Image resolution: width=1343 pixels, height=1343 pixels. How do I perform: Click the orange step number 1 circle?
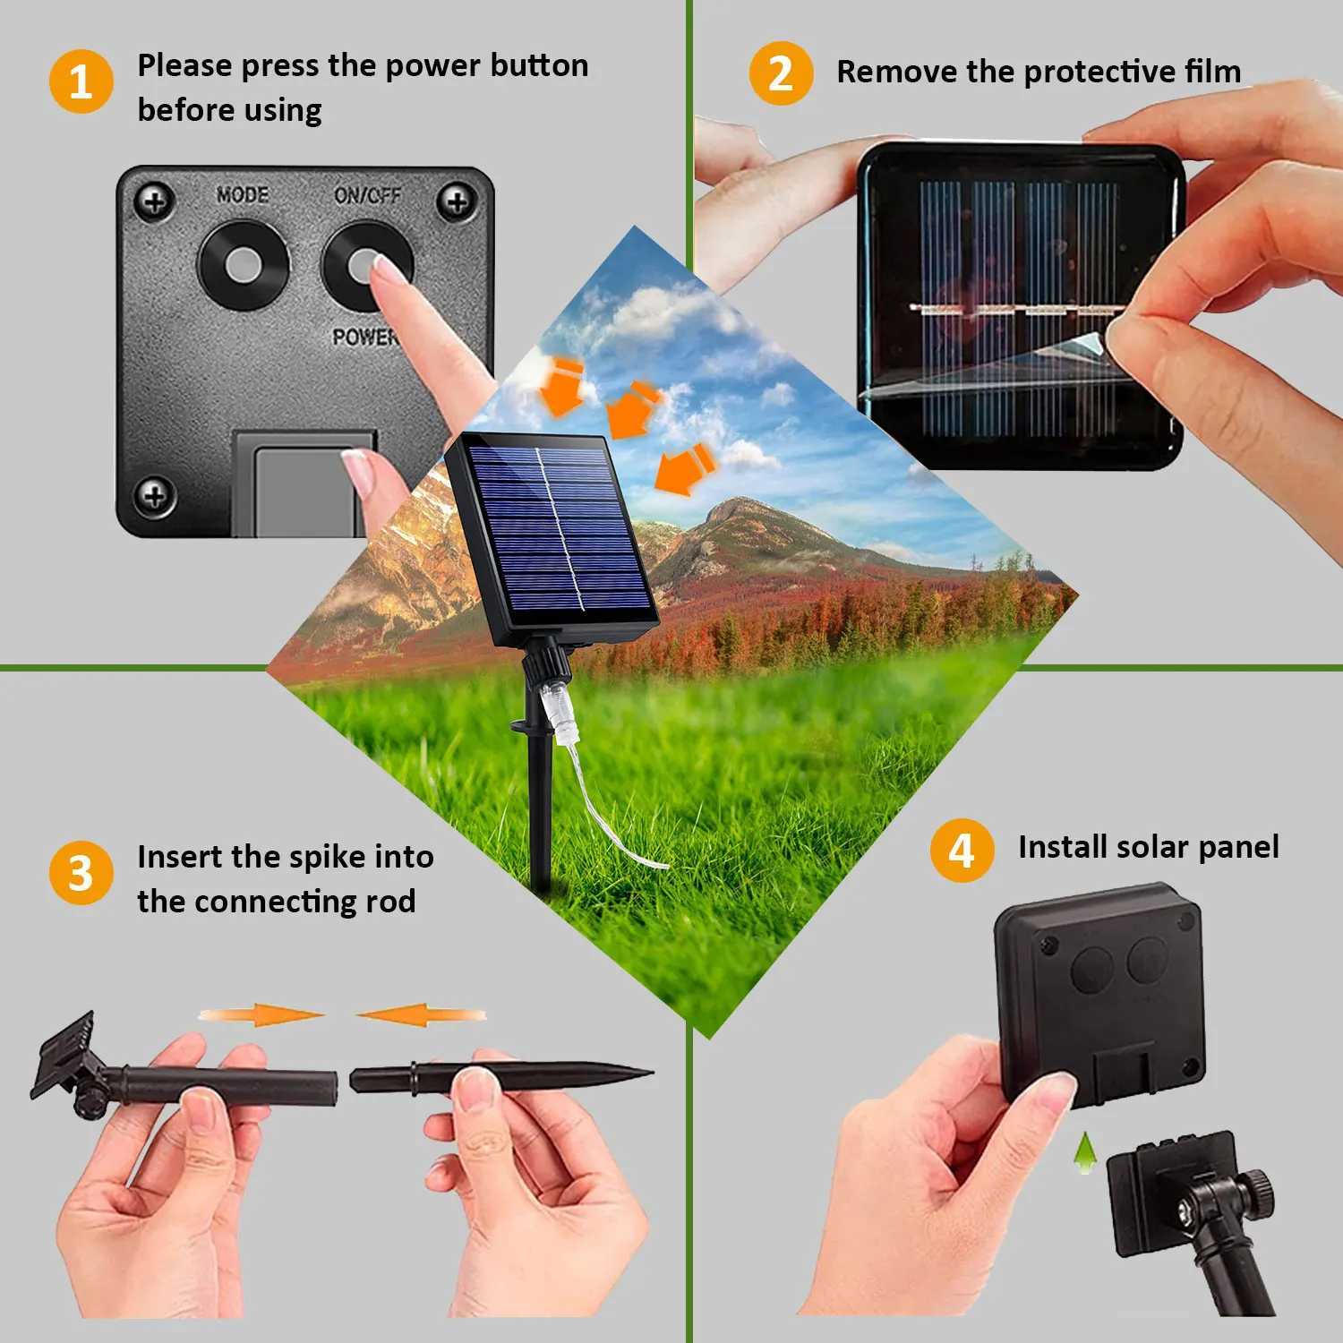[81, 81]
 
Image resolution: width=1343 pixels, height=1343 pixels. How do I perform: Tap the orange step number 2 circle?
[781, 73]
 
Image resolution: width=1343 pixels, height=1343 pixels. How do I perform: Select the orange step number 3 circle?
[81, 873]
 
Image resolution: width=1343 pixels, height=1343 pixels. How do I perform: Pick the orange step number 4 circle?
[962, 851]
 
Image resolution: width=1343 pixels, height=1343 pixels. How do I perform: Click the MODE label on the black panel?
[243, 194]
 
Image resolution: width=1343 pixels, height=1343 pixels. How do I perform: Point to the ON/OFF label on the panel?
[368, 194]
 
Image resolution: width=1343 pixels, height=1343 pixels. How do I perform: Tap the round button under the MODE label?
[244, 265]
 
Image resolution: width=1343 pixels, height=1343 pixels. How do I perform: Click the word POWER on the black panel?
[364, 337]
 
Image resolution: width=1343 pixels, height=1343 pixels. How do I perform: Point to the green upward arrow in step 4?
[1085, 1152]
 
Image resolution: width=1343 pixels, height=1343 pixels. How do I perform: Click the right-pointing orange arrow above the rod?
[261, 1015]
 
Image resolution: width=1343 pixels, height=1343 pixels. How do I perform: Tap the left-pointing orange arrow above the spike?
[420, 1015]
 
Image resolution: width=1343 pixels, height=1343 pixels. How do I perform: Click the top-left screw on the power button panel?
[154, 201]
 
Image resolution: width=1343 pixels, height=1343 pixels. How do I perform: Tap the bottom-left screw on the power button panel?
[154, 494]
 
